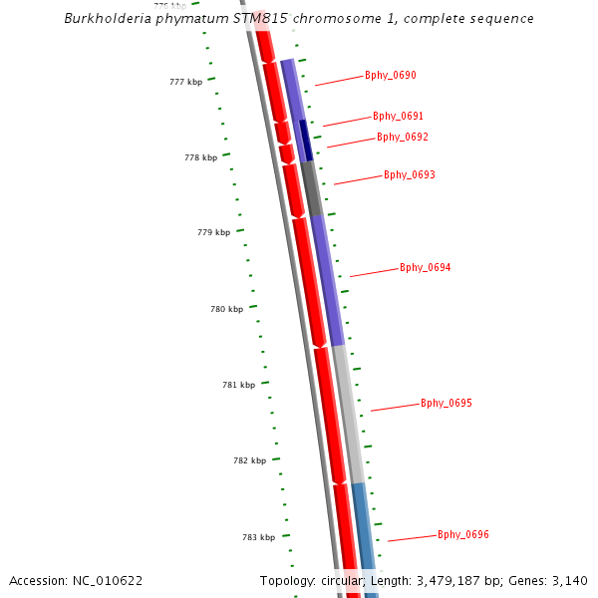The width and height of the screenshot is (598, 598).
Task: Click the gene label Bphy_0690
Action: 391,75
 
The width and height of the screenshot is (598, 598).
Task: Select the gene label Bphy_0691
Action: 399,116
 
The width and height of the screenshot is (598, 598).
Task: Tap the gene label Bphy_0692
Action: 403,137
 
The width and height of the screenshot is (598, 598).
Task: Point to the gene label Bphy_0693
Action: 410,174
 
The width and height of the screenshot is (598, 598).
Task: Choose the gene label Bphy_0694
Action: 426,267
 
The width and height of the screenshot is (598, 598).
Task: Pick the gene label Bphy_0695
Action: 447,403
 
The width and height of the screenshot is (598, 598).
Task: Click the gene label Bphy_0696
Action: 463,534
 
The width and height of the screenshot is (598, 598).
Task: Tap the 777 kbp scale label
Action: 185,82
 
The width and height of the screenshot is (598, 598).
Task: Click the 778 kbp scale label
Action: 200,157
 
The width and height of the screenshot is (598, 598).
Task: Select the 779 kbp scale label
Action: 213,232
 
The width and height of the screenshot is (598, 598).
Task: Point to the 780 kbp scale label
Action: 226,309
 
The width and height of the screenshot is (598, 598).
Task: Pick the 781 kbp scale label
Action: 238,385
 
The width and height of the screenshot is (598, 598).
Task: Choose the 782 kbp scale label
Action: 249,460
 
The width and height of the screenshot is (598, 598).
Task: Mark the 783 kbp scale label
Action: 258,537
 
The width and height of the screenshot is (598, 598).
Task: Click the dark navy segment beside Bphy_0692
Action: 306,140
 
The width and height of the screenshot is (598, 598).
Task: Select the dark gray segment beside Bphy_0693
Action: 312,188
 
